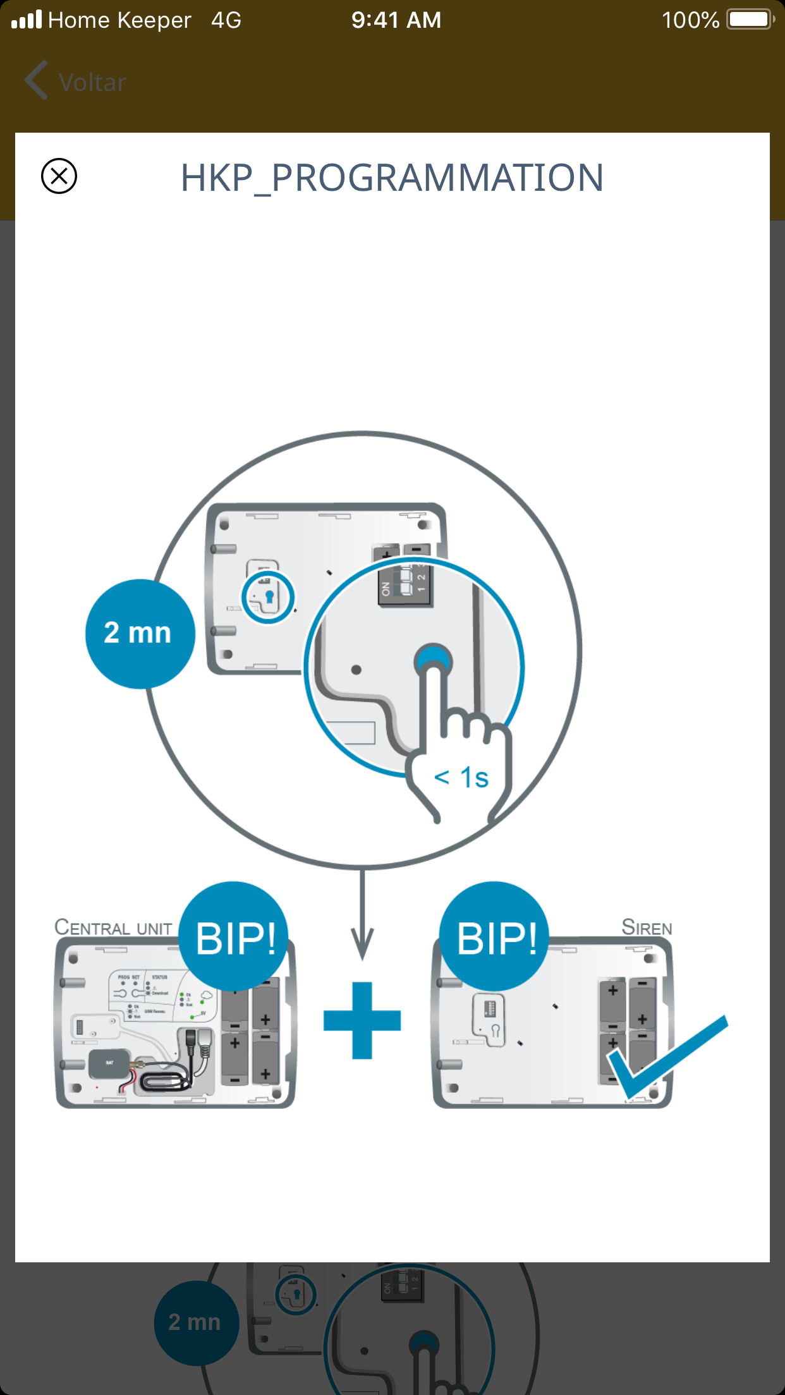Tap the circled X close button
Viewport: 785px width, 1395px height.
click(59, 176)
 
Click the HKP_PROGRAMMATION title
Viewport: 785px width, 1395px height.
click(392, 178)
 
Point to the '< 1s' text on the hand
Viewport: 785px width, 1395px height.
click(461, 778)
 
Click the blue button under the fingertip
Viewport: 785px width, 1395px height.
click(433, 661)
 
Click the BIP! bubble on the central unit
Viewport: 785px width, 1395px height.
click(234, 937)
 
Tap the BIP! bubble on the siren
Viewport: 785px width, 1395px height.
click(495, 937)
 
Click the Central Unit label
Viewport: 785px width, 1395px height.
click(114, 927)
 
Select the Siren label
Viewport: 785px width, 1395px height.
click(647, 927)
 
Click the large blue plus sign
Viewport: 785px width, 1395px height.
click(362, 1020)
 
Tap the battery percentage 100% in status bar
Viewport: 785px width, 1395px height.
click(690, 20)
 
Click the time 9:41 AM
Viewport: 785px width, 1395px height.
click(396, 20)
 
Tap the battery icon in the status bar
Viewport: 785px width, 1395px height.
click(750, 20)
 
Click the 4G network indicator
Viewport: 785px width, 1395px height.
click(226, 20)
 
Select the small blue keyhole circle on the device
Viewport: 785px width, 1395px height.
click(269, 596)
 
